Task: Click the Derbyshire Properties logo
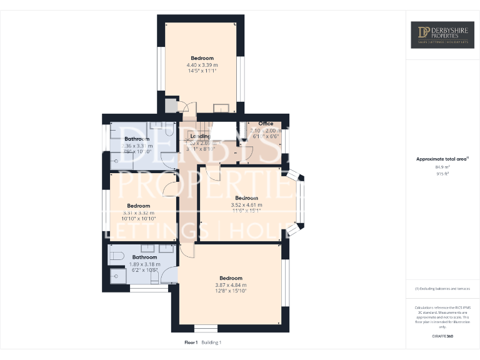[x=442, y=35]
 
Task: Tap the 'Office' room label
[x=266, y=124]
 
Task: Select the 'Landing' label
[x=200, y=136]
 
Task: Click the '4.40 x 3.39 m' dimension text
[x=202, y=65]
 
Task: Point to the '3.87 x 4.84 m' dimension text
[x=230, y=285]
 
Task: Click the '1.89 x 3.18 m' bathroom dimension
[x=144, y=264]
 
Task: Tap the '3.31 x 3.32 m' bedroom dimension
[x=138, y=212]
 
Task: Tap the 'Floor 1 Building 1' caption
[x=203, y=342]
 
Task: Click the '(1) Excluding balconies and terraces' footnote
[x=442, y=288]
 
